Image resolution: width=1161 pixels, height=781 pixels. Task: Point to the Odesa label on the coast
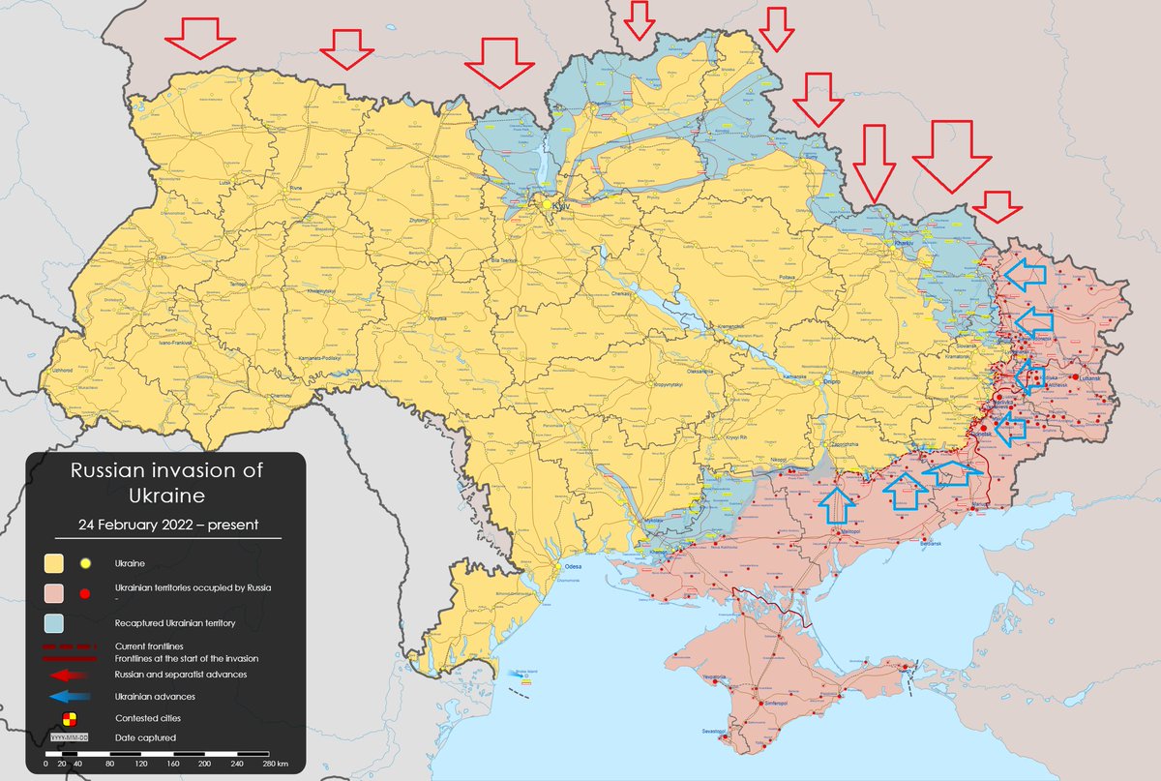coord(573,567)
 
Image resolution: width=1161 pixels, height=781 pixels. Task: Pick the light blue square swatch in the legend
coord(53,623)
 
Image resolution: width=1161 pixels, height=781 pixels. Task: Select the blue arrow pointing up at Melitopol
coord(838,504)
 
